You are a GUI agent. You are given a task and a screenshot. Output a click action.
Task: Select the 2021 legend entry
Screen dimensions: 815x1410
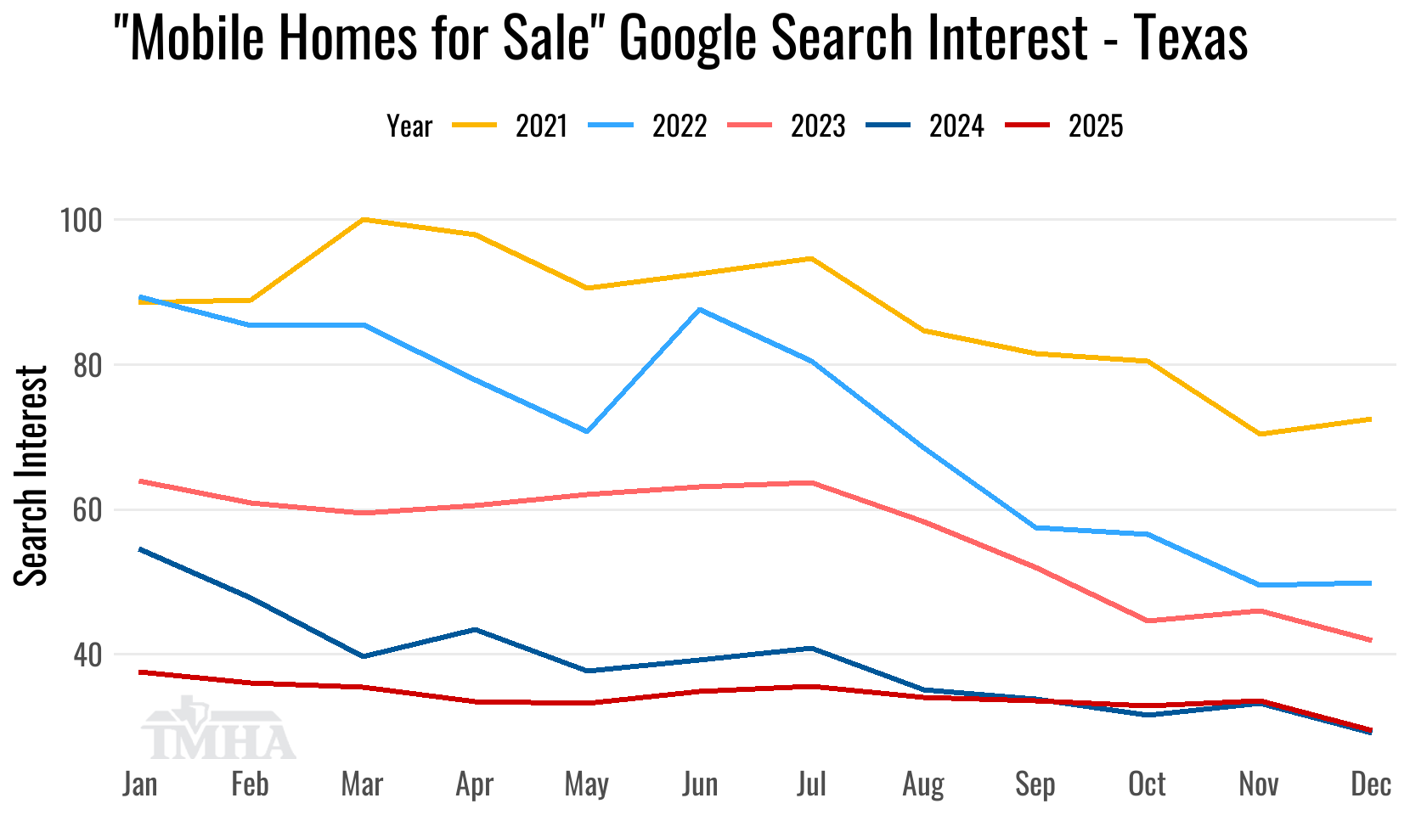(x=510, y=126)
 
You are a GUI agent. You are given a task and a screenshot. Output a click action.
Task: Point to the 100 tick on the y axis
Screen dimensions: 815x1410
(x=80, y=221)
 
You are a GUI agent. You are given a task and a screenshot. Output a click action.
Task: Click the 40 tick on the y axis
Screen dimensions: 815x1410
(x=87, y=655)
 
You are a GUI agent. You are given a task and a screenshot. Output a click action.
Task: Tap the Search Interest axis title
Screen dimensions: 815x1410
(x=32, y=475)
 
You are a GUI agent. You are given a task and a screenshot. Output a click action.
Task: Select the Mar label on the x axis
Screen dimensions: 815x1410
(x=363, y=784)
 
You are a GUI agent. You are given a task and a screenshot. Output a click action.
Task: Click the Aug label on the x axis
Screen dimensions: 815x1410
(x=923, y=784)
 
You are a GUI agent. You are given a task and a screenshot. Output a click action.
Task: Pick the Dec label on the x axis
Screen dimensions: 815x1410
(x=1370, y=784)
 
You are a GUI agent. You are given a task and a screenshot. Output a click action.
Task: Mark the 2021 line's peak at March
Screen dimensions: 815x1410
(x=363, y=219)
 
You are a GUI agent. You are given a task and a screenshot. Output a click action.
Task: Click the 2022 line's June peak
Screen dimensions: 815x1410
(x=699, y=309)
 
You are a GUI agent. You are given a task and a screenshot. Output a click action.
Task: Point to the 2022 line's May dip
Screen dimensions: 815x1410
(x=587, y=431)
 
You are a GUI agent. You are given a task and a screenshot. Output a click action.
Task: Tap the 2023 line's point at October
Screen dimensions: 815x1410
(x=1148, y=621)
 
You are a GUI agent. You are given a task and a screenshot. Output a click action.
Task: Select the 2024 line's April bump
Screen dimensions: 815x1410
(x=475, y=629)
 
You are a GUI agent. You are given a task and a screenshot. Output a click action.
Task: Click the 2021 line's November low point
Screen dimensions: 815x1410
(x=1259, y=434)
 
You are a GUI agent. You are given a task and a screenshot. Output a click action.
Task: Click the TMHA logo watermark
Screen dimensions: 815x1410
(x=218, y=732)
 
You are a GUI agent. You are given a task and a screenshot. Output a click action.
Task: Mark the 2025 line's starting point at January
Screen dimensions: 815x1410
(x=140, y=672)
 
